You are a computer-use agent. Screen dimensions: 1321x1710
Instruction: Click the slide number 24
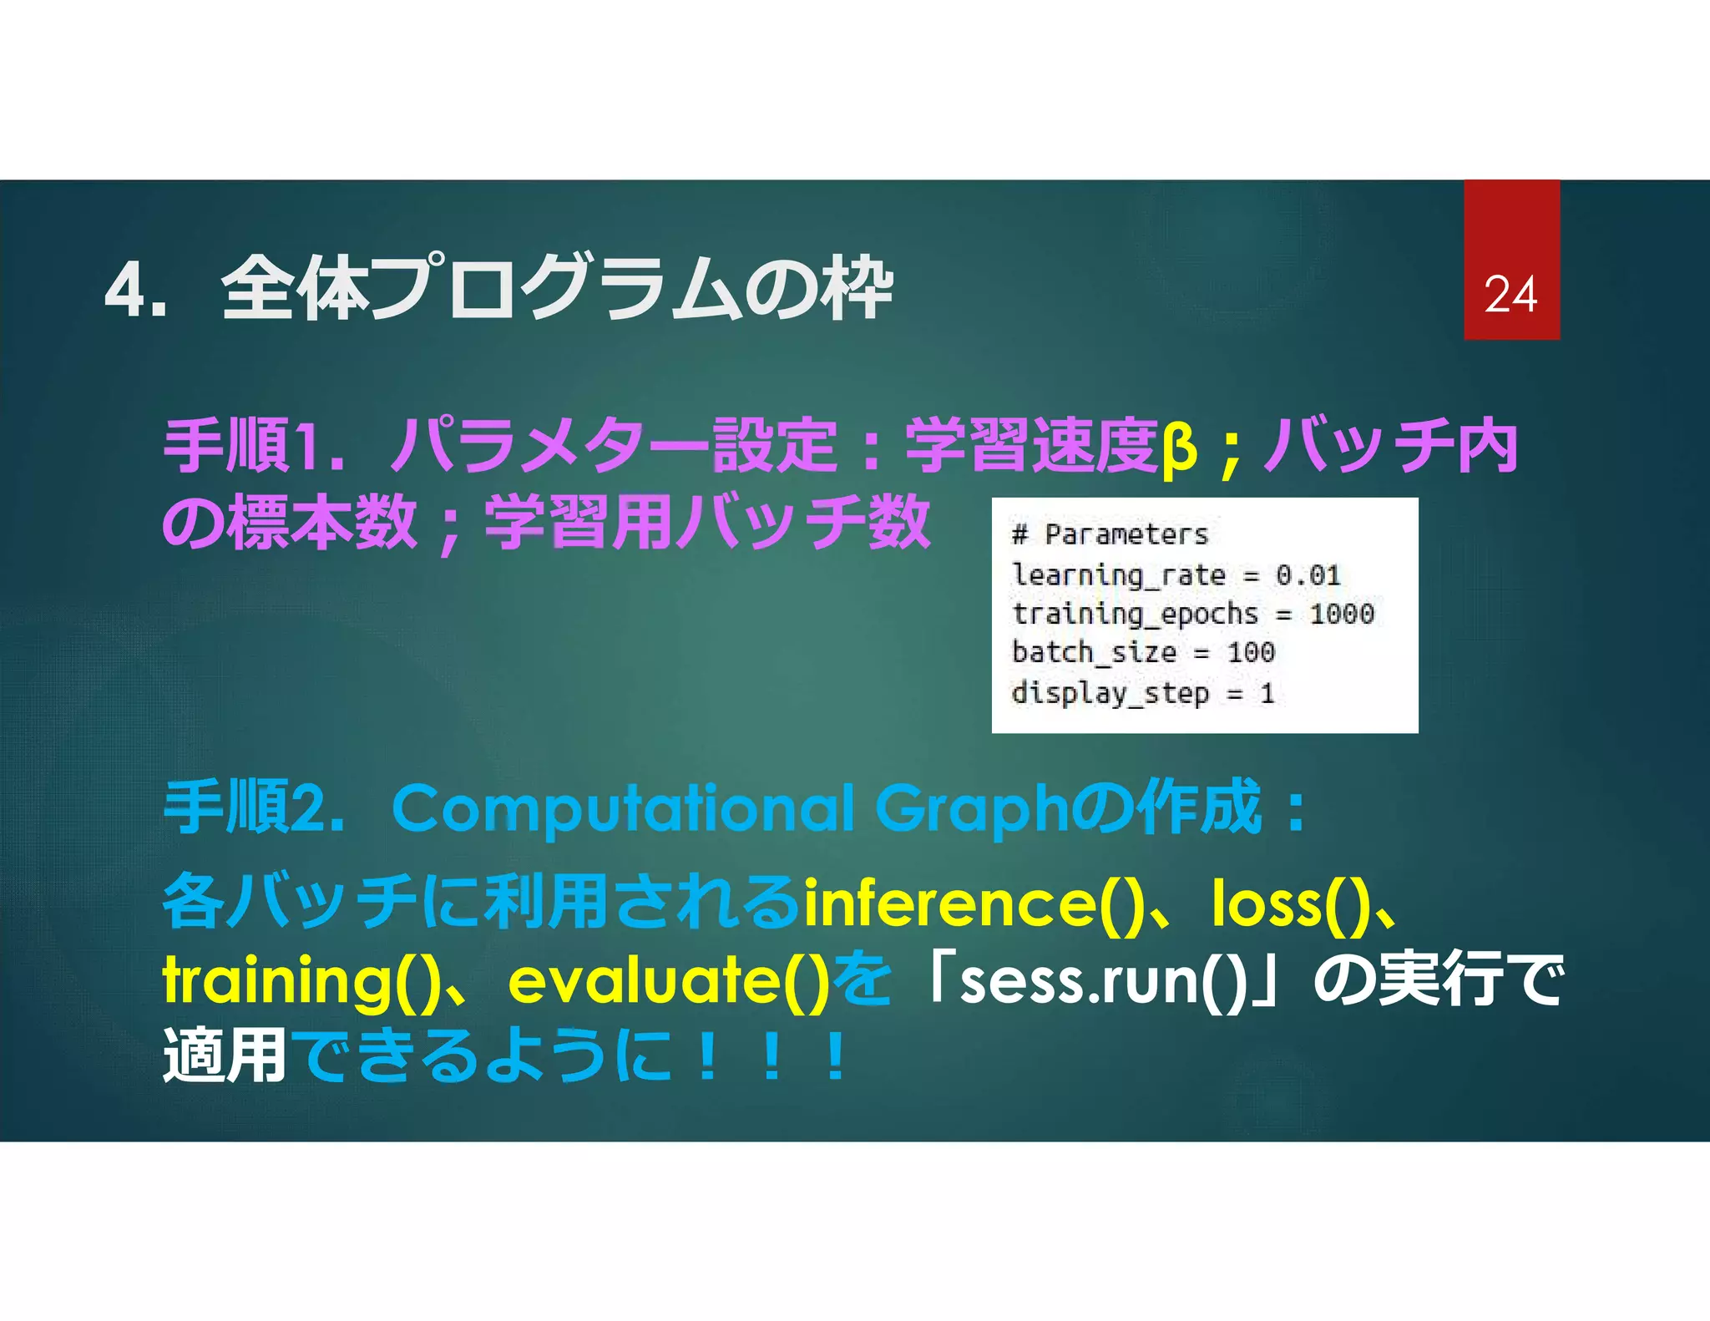pyautogui.click(x=1510, y=295)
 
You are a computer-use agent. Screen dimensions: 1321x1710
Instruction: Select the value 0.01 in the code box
pyautogui.click(x=1308, y=575)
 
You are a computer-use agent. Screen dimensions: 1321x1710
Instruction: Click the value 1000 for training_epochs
pyautogui.click(x=1341, y=615)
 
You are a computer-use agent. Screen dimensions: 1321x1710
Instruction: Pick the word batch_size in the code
pyautogui.click(x=1094, y=652)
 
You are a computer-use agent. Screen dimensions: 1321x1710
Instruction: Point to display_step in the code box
pyautogui.click(x=1110, y=693)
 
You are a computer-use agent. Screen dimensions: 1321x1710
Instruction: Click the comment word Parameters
pyautogui.click(x=1126, y=534)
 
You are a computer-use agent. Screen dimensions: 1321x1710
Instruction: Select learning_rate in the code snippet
pyautogui.click(x=1118, y=575)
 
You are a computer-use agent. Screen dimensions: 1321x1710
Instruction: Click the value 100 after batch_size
pyautogui.click(x=1251, y=652)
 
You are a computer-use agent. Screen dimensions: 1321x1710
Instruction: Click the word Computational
pyautogui.click(x=623, y=809)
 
